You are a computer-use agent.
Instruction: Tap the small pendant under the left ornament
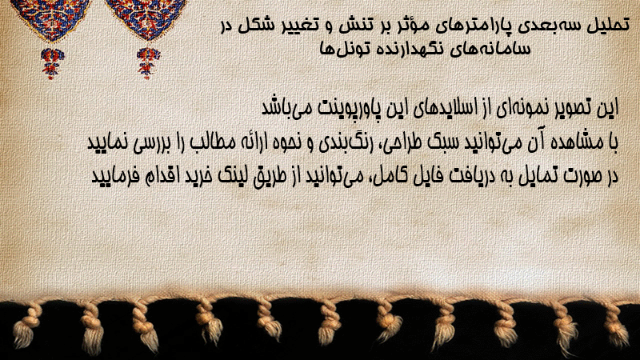point(52,63)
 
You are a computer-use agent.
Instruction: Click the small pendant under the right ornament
point(148,63)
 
